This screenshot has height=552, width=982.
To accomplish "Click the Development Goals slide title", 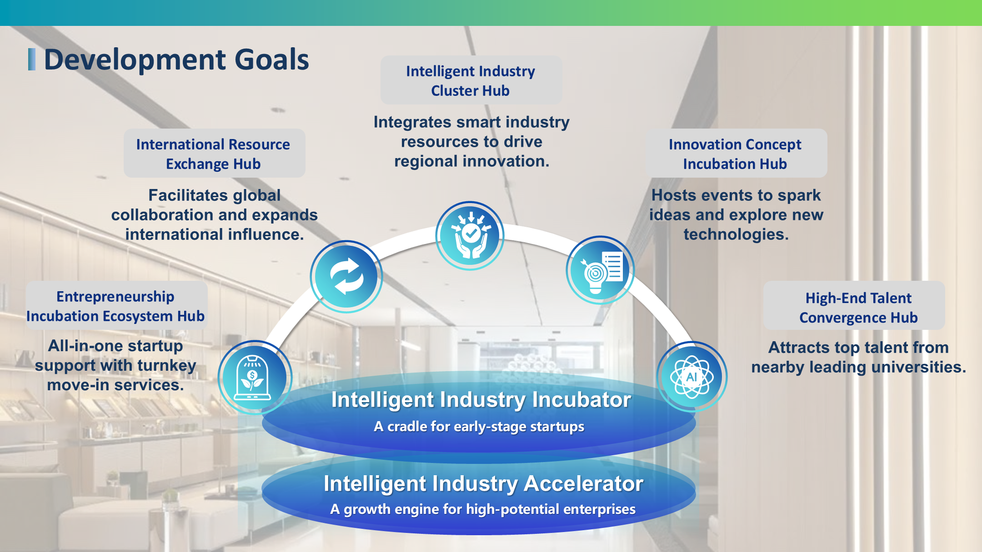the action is [x=176, y=60].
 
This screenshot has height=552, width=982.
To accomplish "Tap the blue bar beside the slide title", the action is [x=31, y=60].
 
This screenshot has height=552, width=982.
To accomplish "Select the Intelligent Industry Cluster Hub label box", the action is [x=471, y=80].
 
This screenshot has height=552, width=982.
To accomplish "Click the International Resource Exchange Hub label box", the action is [x=214, y=154].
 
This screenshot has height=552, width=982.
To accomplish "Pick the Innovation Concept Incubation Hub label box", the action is [x=736, y=154].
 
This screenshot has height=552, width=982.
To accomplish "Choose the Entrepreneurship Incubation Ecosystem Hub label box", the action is [x=116, y=305].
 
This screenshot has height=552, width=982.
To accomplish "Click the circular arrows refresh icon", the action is [x=346, y=276].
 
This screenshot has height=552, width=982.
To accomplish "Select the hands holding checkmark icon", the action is [x=470, y=235].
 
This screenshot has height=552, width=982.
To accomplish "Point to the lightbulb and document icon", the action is [x=601, y=270].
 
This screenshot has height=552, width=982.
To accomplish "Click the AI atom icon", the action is [x=691, y=377].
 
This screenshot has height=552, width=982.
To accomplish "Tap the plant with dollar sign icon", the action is [x=254, y=377].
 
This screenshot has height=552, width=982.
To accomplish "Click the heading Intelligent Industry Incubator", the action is [x=481, y=400].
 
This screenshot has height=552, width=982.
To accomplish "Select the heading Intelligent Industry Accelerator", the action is [x=483, y=483].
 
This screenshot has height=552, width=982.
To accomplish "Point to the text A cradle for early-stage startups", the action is [x=479, y=427].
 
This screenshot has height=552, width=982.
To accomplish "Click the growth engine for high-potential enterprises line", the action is [x=483, y=509].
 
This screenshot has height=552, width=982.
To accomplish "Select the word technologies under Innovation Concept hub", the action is [x=736, y=234].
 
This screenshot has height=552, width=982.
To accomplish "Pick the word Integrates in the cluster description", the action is [x=412, y=122].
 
